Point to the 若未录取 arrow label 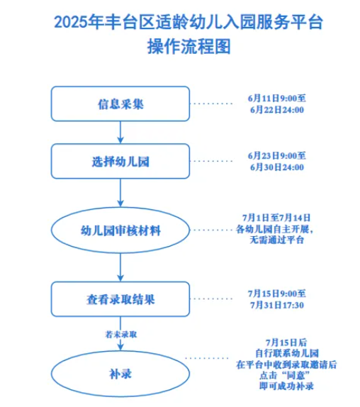coord(121,335)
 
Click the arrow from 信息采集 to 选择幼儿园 coord(120,133)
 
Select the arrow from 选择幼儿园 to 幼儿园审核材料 coord(120,193)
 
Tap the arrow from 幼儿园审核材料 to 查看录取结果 coord(120,267)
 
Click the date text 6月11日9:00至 coord(277,99)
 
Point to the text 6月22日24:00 coord(277,110)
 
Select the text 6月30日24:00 coord(277,167)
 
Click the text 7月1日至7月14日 coord(276,218)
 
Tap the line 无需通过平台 coord(277,240)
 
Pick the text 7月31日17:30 coord(277,305)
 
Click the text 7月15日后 coord(286,342)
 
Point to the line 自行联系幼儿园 coord(287,353)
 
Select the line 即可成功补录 coord(286,386)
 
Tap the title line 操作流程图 coord(189,47)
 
